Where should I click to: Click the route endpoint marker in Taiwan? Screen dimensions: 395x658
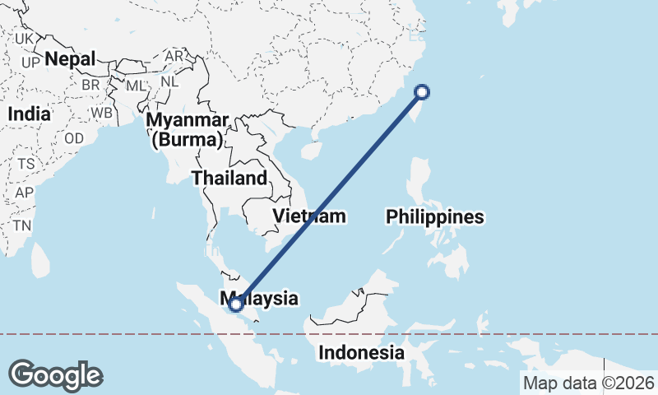click(x=422, y=92)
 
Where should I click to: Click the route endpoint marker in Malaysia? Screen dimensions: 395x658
click(x=236, y=304)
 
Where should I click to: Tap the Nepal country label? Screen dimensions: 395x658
click(x=71, y=59)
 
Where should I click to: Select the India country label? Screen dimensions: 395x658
click(x=29, y=114)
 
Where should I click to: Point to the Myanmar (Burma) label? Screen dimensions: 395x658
click(x=188, y=130)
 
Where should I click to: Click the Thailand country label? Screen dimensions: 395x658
click(x=229, y=178)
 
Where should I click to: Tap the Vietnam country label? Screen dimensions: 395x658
click(x=308, y=216)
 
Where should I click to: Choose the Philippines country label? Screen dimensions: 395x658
click(x=435, y=217)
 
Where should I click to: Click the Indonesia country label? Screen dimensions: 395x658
click(x=362, y=353)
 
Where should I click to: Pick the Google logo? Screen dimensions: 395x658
click(x=56, y=375)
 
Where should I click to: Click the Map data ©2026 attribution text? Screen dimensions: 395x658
click(x=589, y=383)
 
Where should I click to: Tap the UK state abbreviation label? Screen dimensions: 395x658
click(x=25, y=39)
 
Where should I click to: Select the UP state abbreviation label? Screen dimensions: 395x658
click(x=31, y=63)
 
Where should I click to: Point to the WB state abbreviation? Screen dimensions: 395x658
click(x=102, y=113)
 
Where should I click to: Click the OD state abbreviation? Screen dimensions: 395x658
click(x=74, y=138)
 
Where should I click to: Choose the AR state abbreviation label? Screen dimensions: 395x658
click(x=174, y=57)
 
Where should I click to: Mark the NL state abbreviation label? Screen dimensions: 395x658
click(x=169, y=81)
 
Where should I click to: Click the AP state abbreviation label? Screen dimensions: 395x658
click(x=24, y=193)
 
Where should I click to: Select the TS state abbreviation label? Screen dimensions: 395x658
click(x=26, y=164)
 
